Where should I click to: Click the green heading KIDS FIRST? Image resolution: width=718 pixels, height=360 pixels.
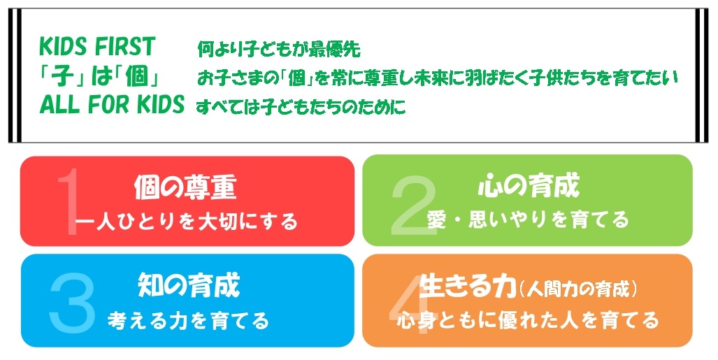[x=97, y=46]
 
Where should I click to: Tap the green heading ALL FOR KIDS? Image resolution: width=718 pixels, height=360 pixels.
[x=112, y=104]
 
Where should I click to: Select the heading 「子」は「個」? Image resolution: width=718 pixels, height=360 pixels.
[x=99, y=76]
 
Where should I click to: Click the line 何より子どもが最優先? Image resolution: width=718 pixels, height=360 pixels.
[x=279, y=49]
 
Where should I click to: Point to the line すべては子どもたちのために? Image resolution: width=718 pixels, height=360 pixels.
[x=301, y=107]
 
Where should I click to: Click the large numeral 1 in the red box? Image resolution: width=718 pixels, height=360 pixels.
[x=68, y=201]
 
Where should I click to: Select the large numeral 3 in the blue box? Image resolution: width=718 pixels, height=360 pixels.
[x=72, y=302]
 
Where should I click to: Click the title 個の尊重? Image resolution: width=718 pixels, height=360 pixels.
[x=185, y=187]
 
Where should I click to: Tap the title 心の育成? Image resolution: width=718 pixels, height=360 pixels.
[x=529, y=185]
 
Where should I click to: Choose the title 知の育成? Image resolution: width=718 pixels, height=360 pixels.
[x=189, y=285]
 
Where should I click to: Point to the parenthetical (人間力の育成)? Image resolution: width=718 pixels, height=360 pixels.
[x=579, y=289]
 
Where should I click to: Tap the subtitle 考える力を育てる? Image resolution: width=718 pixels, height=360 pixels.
[x=188, y=320]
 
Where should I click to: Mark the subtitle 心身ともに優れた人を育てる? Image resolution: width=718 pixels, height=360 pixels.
[x=528, y=319]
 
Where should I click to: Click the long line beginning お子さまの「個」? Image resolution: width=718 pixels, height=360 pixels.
[x=438, y=78]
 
